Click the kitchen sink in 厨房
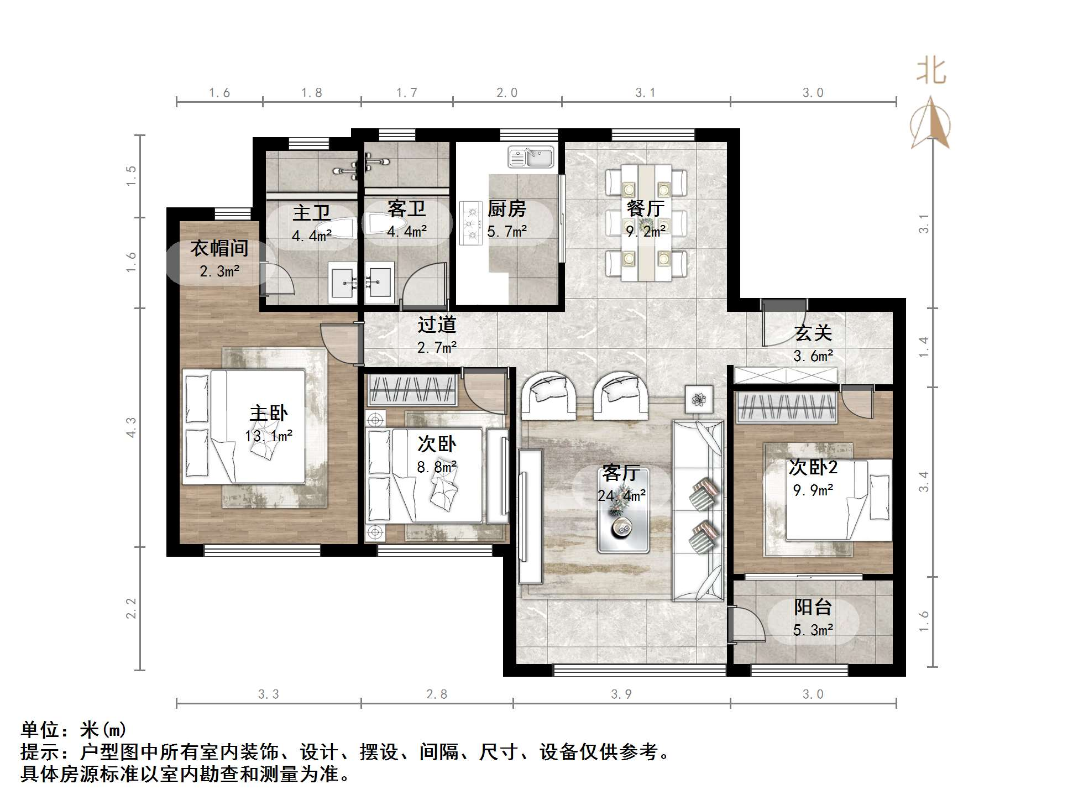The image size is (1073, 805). [x=531, y=157]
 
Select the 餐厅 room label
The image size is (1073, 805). [x=645, y=209]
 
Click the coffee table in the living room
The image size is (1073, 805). [x=623, y=510]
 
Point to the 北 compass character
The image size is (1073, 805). [x=931, y=72]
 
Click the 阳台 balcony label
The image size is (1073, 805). [x=813, y=608]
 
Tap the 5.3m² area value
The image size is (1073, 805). [x=813, y=630]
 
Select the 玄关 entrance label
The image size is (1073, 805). [x=813, y=333]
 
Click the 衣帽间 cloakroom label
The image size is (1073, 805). [x=219, y=248]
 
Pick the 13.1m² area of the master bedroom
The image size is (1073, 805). [x=269, y=436]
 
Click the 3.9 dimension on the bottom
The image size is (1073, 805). [x=621, y=694]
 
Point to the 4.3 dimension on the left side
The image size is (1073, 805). [x=132, y=427]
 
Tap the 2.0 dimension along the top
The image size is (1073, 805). [x=506, y=93]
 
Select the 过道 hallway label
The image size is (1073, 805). [x=436, y=325]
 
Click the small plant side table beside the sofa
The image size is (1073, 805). [x=699, y=399]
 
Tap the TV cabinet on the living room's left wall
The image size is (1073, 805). [x=530, y=516]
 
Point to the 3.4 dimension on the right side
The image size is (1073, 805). [x=924, y=481]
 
